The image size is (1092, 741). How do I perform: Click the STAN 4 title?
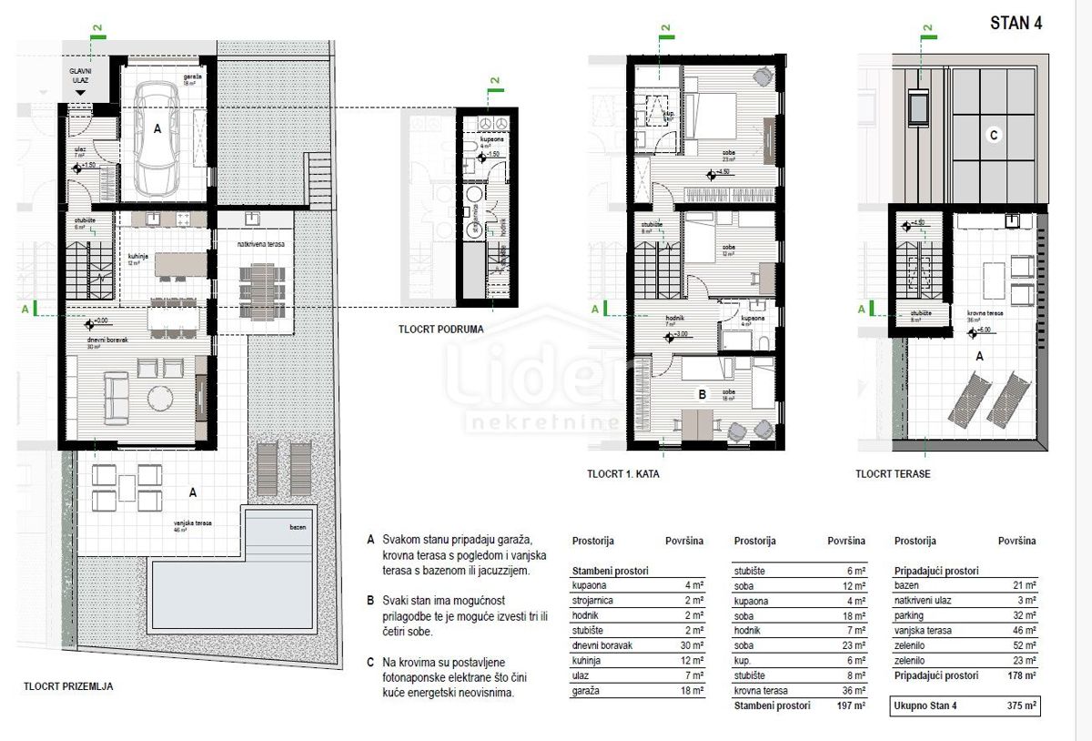(1016, 24)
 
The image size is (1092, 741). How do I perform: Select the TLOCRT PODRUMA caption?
(440, 330)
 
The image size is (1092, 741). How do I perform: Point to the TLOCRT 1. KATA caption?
(623, 474)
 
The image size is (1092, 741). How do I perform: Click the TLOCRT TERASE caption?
(893, 474)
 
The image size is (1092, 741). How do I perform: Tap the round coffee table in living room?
(160, 400)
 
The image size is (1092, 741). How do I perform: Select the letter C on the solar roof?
(994, 136)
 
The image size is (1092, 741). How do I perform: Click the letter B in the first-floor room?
(702, 395)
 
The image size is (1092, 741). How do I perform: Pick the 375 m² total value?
(1020, 705)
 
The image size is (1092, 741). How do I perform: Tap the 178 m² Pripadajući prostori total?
(1020, 676)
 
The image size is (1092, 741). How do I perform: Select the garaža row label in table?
(586, 691)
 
